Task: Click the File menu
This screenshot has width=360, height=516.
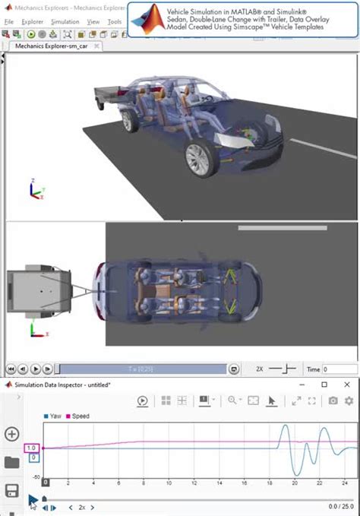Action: [x=9, y=22]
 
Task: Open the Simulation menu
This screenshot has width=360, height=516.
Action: [x=65, y=22]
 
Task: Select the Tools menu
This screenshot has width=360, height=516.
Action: [x=114, y=22]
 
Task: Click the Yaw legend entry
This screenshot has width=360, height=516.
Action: [x=55, y=416]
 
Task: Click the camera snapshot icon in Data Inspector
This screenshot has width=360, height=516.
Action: [x=333, y=401]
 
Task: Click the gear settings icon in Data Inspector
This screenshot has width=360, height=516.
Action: [x=349, y=401]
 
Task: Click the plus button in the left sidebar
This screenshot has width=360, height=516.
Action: [x=11, y=434]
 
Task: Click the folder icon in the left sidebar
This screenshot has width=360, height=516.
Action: [x=11, y=462]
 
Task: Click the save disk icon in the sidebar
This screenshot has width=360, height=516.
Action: [x=11, y=489]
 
